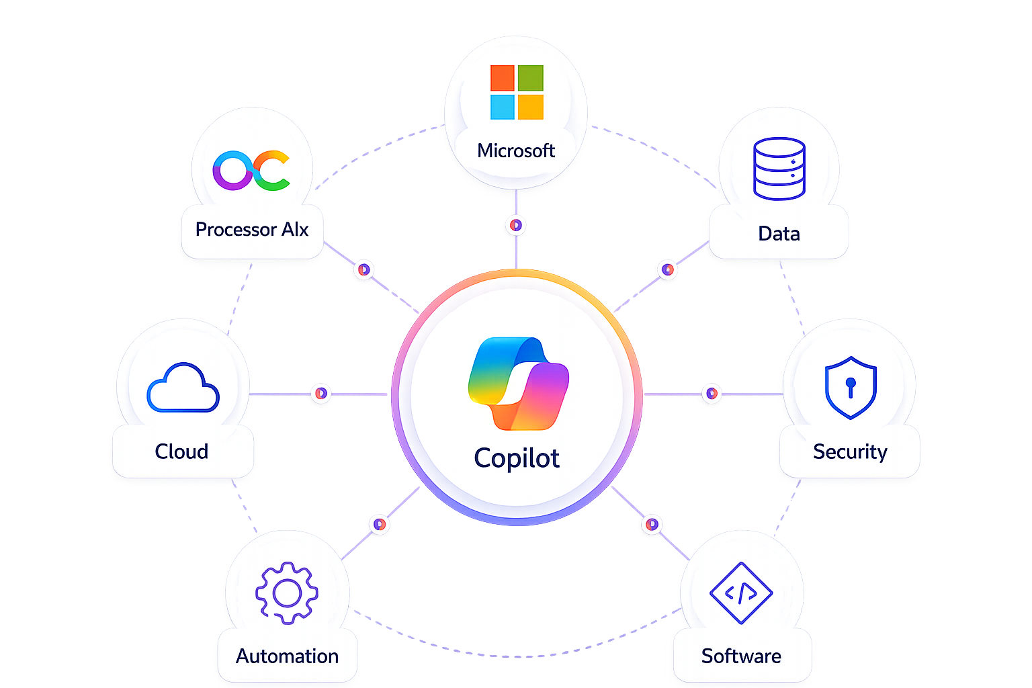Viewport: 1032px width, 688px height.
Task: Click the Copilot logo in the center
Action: [518, 384]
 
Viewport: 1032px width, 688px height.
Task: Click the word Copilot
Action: [517, 459]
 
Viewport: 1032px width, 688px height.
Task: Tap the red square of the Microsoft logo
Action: [502, 78]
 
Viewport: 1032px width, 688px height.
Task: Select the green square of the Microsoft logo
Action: [531, 78]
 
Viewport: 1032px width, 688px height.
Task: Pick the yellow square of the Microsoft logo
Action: [531, 107]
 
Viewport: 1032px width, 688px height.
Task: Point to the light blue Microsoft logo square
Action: [502, 107]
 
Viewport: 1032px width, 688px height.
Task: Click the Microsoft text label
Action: [516, 150]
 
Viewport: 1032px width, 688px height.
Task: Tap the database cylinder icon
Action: [779, 169]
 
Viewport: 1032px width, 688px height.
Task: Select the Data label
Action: [779, 234]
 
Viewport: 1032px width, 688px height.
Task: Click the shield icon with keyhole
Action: [851, 388]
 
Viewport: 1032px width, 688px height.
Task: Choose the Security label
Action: [850, 452]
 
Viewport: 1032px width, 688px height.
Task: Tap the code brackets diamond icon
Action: [741, 593]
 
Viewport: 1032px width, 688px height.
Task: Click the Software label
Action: [741, 656]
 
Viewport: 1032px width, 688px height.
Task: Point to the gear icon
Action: [287, 593]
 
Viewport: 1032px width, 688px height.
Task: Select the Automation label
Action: [287, 656]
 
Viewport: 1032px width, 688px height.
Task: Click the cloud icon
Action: [183, 388]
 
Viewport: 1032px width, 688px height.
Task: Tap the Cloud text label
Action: [181, 451]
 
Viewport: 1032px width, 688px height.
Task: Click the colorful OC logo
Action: [251, 170]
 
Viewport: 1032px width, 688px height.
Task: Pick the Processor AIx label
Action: [252, 230]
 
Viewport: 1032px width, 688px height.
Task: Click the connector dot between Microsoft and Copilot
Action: [516, 225]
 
